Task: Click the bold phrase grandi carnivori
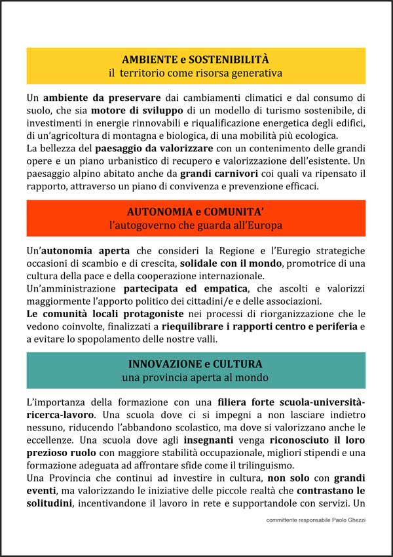[x=213, y=173]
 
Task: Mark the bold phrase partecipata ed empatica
[x=185, y=288]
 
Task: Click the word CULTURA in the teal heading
[x=240, y=364]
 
